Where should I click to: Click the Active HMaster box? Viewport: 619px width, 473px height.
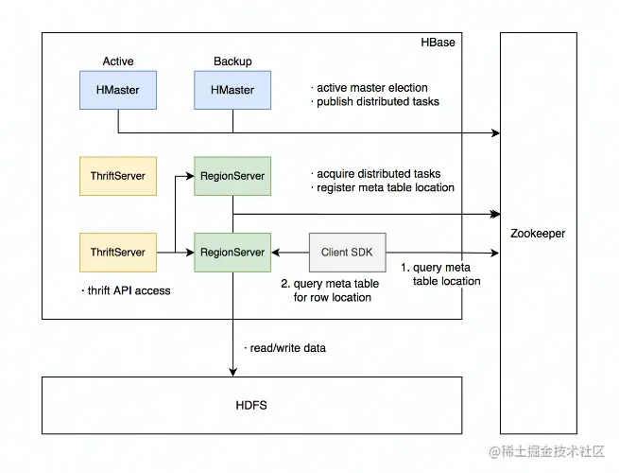[x=118, y=90]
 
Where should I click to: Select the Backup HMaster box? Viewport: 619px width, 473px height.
[x=232, y=90]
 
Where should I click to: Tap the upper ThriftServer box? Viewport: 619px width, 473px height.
[x=118, y=176]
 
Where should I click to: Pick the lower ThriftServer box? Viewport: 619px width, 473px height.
[x=118, y=253]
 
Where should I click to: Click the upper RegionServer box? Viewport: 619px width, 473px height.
[x=232, y=176]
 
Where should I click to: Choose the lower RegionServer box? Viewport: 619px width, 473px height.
[x=232, y=253]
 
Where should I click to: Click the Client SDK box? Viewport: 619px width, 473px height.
[x=348, y=253]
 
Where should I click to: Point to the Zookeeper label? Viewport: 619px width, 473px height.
[x=538, y=234]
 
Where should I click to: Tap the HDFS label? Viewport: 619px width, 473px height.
[x=251, y=406]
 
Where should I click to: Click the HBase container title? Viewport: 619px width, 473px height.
[x=438, y=43]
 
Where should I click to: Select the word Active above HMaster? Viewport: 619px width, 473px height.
[x=118, y=61]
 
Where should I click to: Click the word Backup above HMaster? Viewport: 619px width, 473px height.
[x=232, y=61]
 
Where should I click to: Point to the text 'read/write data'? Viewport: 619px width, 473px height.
[x=288, y=348]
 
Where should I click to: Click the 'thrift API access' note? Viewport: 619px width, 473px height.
[x=129, y=290]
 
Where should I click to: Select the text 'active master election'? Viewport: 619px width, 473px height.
[x=372, y=88]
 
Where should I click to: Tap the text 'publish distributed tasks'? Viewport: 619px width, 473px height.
[x=378, y=101]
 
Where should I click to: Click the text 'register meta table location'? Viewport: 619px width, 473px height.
[x=386, y=187]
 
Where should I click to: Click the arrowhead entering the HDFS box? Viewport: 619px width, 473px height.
[x=232, y=372]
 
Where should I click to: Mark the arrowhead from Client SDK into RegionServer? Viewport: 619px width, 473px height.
[x=276, y=253]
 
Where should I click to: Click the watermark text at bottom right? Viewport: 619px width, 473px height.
[x=547, y=451]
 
